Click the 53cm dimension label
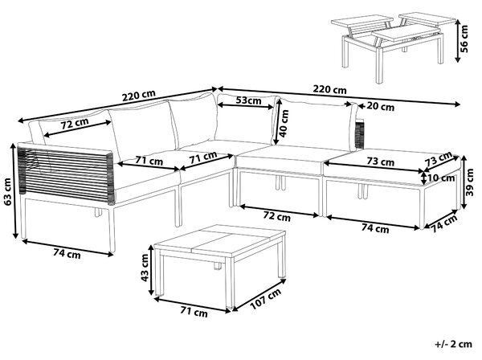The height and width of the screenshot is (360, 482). click(x=249, y=100)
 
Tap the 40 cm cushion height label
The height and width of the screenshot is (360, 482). click(x=284, y=123)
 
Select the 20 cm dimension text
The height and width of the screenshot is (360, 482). click(x=381, y=107)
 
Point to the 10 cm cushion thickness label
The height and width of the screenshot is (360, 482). click(x=440, y=178)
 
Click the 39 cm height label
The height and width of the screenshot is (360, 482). click(x=470, y=182)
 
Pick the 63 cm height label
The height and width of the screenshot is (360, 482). click(x=6, y=191)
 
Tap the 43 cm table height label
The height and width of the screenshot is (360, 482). click(x=144, y=268)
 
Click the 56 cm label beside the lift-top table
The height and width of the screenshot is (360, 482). click(x=464, y=39)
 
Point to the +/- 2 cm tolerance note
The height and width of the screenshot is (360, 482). click(x=453, y=344)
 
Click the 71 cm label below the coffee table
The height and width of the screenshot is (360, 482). click(x=194, y=312)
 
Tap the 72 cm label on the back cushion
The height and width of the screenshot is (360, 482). click(x=75, y=124)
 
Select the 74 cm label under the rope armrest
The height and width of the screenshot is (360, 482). click(x=67, y=254)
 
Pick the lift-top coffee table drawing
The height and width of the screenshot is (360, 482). click(x=394, y=46)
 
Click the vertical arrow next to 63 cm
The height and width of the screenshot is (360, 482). click(x=14, y=191)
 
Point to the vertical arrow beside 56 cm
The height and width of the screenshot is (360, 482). click(x=457, y=40)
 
